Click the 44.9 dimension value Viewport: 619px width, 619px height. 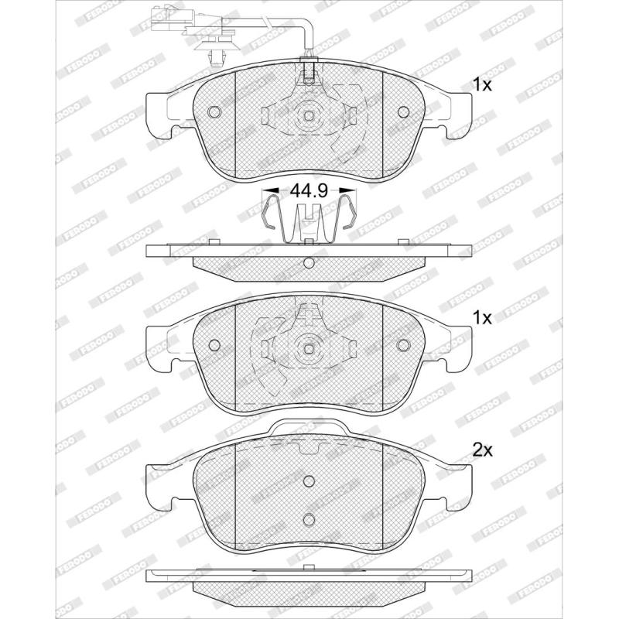point(309,190)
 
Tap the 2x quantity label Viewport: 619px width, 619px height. point(482,450)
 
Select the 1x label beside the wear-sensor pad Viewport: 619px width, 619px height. point(482,84)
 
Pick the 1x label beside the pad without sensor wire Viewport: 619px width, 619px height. point(482,317)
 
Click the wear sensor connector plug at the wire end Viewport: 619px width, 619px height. point(169,18)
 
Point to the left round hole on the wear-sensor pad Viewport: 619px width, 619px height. point(214,112)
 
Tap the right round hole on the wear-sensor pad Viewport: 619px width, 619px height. point(403,112)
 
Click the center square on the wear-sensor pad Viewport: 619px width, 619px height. point(309,115)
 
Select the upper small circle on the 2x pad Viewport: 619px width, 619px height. point(309,481)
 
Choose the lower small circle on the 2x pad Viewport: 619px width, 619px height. point(309,519)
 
